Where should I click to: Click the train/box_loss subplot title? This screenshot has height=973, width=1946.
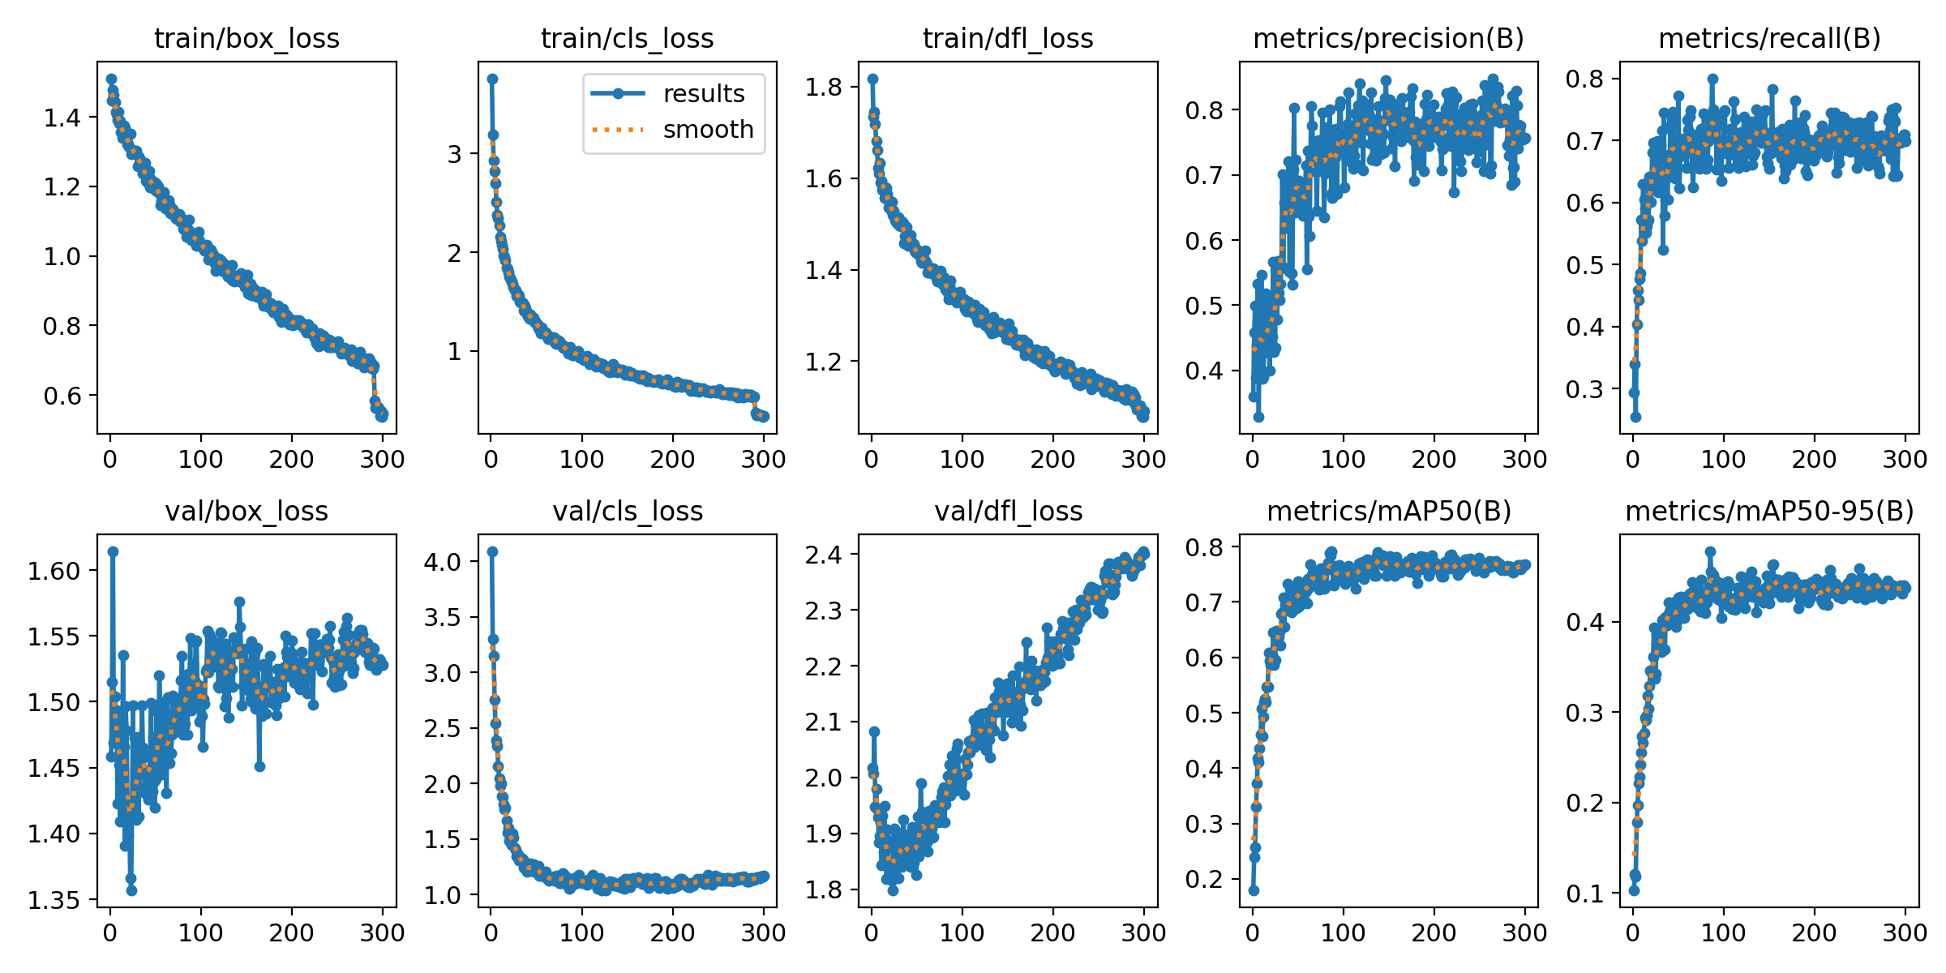coord(246,39)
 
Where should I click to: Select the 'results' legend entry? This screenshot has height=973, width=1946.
coord(703,94)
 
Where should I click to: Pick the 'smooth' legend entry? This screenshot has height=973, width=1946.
coord(708,130)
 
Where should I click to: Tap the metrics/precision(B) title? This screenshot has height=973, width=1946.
coord(1388,39)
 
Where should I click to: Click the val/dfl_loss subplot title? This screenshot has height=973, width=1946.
coord(1008,512)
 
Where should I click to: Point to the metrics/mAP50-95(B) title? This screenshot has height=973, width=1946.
coord(1769,512)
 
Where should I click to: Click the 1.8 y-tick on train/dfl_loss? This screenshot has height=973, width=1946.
coord(825,87)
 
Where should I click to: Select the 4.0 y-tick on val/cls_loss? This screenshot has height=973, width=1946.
coord(442,562)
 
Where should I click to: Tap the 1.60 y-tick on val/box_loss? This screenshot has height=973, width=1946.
coord(54,571)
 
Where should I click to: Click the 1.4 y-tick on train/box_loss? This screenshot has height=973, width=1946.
coord(62,118)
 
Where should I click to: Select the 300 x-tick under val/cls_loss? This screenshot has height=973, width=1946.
coord(763,933)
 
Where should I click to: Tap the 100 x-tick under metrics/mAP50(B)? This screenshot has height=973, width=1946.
coord(1344,933)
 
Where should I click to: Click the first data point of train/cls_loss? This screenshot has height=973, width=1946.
coord(492,79)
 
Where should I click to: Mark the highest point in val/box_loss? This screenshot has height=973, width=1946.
coord(114,551)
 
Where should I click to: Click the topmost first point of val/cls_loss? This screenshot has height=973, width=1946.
coord(492,551)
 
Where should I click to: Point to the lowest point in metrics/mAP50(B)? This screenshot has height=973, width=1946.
coord(1254,890)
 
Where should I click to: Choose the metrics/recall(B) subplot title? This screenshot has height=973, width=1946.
coord(1769,39)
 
